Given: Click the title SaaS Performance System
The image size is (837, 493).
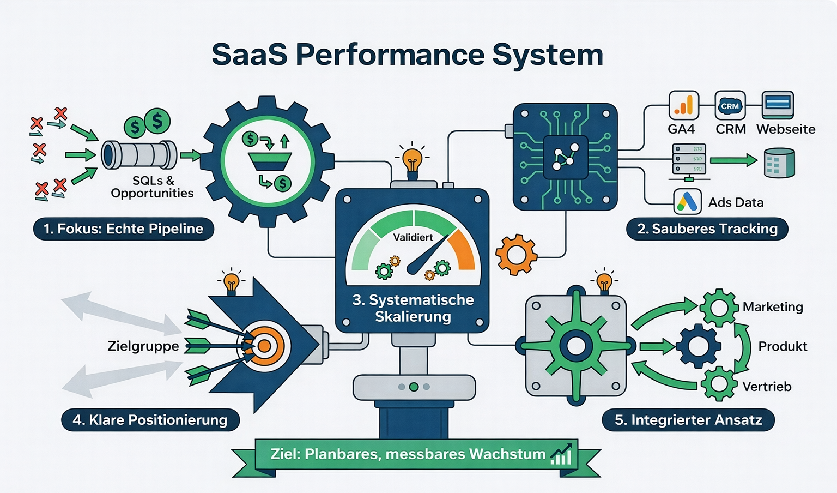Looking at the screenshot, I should tap(407, 55).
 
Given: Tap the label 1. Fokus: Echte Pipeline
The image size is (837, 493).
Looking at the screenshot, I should tap(124, 229).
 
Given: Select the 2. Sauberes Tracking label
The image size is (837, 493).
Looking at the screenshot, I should tap(707, 229).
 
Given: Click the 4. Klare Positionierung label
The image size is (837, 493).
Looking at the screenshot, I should tap(150, 420).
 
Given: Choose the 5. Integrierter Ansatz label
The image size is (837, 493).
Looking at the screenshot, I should tap(688, 420).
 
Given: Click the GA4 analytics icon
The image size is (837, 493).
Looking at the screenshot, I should tap(683, 105).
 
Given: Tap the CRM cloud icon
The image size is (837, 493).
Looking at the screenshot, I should tap(730, 105).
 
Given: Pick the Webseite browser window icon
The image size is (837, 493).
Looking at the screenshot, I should tap(778, 105).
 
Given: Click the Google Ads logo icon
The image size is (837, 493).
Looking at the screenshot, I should tap(687, 202).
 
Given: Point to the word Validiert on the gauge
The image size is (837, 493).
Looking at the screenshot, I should tap(413, 237).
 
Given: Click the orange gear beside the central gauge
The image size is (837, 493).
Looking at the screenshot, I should tap(516, 255).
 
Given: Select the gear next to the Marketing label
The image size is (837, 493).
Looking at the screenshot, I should tap(719, 308).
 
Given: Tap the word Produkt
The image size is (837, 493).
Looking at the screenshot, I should tap(783, 346).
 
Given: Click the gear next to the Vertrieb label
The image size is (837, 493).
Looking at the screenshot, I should tap(719, 384).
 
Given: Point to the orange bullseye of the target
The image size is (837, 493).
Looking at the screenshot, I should tap(264, 346).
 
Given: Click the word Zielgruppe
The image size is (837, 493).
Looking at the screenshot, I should tap(143, 346).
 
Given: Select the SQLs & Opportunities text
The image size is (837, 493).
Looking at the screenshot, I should tap(152, 187).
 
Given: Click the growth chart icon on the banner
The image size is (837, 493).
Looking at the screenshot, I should tap(561, 454).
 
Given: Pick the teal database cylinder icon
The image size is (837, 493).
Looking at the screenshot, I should tap(779, 163).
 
